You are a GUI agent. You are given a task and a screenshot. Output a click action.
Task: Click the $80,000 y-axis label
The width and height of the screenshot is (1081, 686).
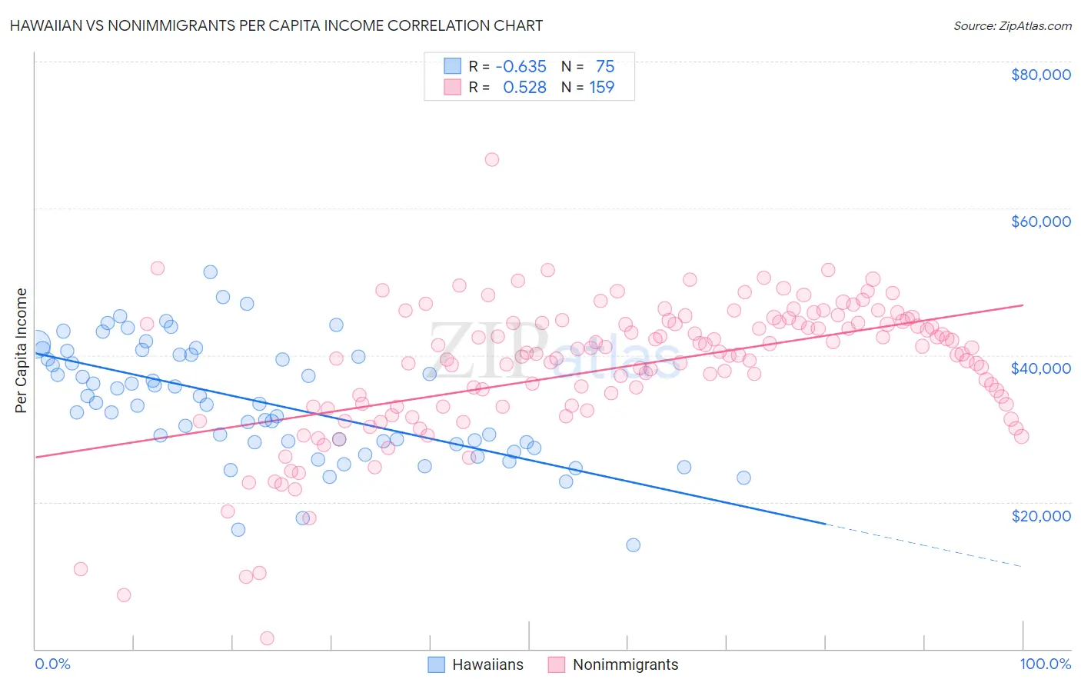[1040, 75]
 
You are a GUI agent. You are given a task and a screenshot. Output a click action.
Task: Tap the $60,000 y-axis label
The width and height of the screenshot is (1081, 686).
[1040, 221]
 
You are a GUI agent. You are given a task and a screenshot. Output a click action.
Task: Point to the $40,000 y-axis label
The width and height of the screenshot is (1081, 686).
[1040, 368]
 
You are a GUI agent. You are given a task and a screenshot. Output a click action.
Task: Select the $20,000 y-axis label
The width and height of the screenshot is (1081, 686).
[1040, 515]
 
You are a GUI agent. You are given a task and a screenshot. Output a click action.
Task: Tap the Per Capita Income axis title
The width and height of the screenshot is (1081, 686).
[22, 350]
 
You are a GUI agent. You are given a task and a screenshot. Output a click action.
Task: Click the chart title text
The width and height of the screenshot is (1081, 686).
[276, 25]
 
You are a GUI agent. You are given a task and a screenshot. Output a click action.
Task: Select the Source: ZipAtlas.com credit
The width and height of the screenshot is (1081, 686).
[1012, 25]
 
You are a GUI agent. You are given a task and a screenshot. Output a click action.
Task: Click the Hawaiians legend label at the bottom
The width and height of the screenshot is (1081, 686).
[487, 665]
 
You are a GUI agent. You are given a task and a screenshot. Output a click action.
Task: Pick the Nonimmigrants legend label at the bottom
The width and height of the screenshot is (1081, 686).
[625, 665]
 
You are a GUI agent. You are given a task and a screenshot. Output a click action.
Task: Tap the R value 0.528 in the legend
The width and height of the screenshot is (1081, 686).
[524, 88]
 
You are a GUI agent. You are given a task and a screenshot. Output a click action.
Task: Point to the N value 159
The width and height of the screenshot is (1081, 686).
[602, 88]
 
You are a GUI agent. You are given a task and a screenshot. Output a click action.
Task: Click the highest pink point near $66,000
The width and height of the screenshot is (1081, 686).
[492, 159]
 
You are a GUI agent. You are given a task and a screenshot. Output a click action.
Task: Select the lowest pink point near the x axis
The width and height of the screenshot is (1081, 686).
[267, 638]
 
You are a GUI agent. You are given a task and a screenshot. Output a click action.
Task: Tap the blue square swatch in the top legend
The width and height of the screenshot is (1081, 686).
[453, 66]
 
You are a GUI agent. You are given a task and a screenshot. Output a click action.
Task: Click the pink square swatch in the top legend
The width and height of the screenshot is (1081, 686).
[453, 88]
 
